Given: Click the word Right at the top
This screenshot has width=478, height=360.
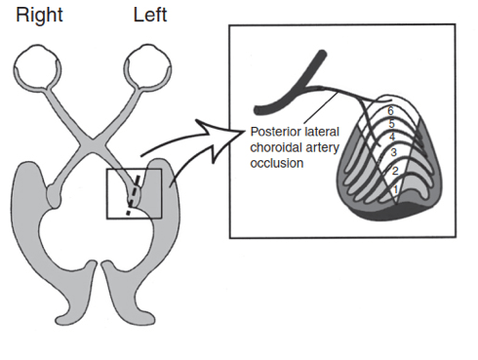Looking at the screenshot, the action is (39, 16).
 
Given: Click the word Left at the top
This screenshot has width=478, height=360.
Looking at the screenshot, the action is (150, 15).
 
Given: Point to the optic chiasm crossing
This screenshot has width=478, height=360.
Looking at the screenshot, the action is (93, 140).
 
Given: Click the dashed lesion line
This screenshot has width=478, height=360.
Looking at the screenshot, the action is (134, 195).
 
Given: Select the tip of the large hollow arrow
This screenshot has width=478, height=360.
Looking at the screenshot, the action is (245, 131).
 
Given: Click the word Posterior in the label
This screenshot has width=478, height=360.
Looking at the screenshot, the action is (275, 132).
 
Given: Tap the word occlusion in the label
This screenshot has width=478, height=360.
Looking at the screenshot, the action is (277, 163).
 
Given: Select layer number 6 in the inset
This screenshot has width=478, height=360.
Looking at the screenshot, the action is (390, 111).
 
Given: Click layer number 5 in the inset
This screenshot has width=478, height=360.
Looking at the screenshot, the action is (391, 124).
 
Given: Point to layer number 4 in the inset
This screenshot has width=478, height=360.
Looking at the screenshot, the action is (392, 137).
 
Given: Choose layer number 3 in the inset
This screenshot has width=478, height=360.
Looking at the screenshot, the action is (393, 152).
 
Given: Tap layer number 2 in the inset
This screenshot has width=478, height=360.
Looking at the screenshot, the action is (395, 171).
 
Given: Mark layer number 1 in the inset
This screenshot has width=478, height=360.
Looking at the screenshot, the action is (395, 189).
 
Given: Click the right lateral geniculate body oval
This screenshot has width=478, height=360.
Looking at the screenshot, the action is (54, 196).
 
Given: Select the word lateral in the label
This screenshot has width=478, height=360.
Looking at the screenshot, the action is (321, 132).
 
